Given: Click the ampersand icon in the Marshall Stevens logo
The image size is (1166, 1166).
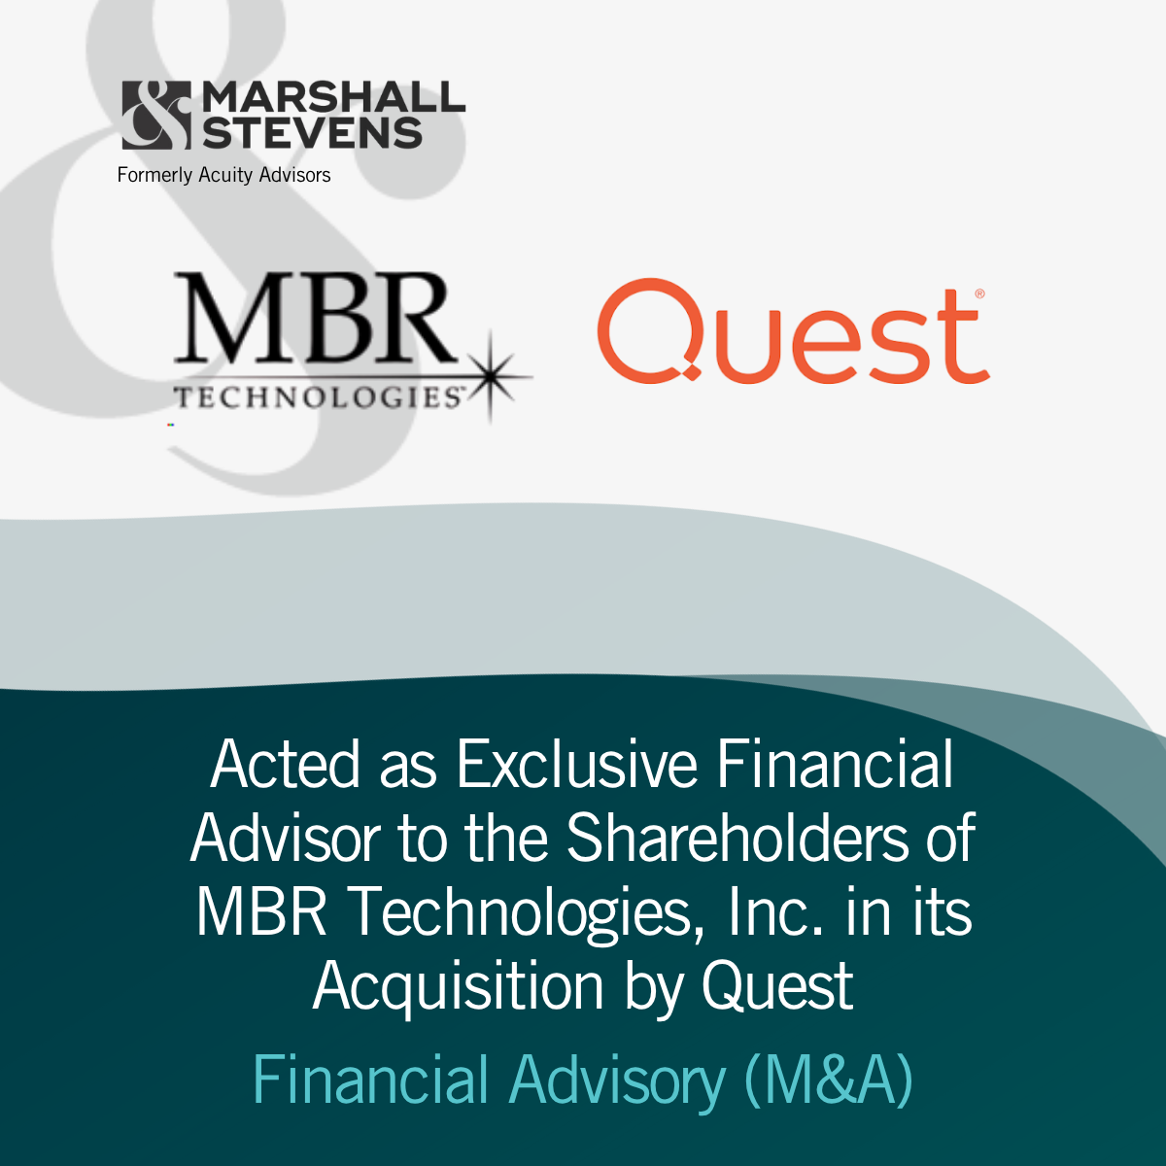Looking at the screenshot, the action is coord(156,115).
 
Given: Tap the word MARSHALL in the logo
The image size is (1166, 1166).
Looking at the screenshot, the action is coord(333,97).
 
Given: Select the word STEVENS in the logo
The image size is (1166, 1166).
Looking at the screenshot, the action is coord(312,133).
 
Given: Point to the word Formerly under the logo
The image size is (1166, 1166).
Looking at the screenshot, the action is coord(154,176).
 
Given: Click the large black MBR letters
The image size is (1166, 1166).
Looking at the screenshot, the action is coord(315,318).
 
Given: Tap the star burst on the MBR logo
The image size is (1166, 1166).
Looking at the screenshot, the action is coord(492,377).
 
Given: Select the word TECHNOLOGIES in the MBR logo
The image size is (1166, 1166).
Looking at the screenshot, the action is coord(319,397).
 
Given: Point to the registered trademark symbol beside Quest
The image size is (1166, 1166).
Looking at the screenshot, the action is coord(979,294).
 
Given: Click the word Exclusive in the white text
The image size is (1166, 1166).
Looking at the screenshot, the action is coord(577,765).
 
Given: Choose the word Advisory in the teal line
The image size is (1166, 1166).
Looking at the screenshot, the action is coord(617,1083).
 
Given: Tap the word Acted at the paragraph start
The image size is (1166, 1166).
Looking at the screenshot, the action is coord(285,765).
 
